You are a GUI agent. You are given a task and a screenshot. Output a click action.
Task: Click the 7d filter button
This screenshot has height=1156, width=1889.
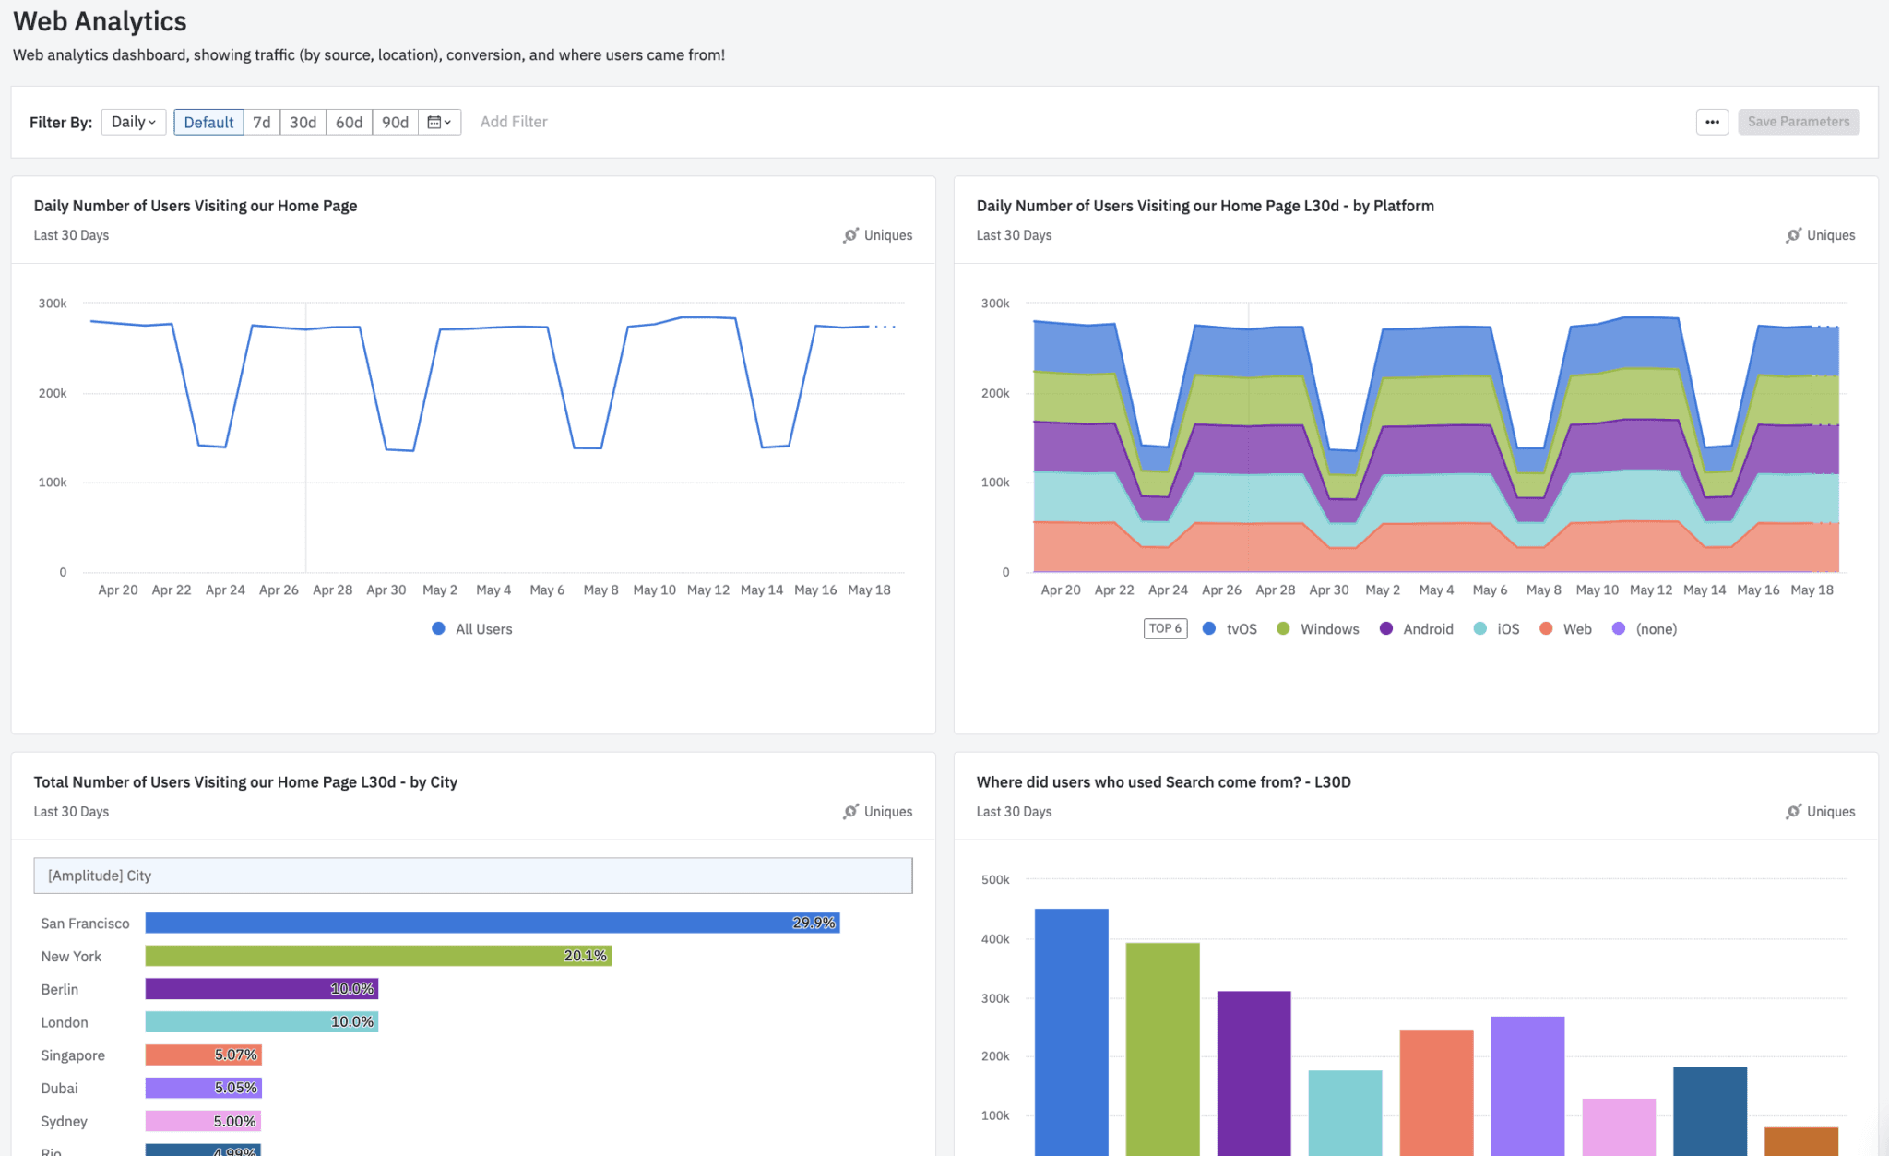click(x=262, y=122)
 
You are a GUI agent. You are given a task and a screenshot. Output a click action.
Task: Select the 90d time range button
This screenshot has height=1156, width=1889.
click(x=395, y=122)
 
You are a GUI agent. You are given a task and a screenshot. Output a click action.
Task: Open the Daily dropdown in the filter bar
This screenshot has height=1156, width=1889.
click(x=134, y=122)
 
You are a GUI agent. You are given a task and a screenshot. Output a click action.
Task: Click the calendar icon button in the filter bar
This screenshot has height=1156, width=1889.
click(x=439, y=122)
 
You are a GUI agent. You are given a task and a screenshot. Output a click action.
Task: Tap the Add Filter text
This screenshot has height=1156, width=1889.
click(x=514, y=122)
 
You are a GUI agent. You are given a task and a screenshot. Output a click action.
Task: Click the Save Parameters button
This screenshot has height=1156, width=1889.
click(x=1798, y=122)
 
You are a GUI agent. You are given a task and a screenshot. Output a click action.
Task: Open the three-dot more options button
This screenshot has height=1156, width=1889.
click(x=1712, y=122)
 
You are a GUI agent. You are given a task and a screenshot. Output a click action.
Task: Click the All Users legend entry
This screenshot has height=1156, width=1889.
click(x=472, y=629)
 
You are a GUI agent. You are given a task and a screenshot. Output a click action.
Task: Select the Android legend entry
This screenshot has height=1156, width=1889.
click(x=1417, y=629)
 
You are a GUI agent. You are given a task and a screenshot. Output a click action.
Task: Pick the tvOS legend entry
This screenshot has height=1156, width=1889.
click(x=1230, y=629)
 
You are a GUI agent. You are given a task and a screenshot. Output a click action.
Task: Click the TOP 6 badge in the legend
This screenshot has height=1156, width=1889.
click(x=1165, y=628)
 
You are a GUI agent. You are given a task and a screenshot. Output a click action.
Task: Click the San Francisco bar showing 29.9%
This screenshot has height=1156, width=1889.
click(x=492, y=923)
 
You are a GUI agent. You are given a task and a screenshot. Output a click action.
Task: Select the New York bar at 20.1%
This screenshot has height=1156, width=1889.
click(x=378, y=956)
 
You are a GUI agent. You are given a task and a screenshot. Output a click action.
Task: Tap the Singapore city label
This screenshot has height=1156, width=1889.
click(x=73, y=1055)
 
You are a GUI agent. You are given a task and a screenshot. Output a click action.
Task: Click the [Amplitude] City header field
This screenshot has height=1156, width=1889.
click(x=472, y=876)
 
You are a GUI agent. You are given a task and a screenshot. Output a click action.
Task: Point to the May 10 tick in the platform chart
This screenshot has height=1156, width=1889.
click(x=1597, y=590)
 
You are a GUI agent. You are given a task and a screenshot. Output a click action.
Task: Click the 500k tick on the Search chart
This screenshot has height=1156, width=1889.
click(x=995, y=880)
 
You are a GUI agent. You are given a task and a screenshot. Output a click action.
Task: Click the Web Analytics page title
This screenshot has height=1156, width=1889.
click(x=100, y=21)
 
